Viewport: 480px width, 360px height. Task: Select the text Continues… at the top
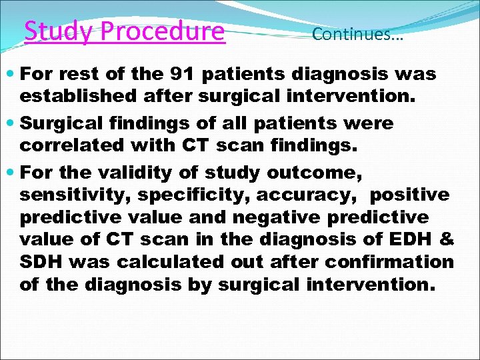(x=357, y=34)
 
